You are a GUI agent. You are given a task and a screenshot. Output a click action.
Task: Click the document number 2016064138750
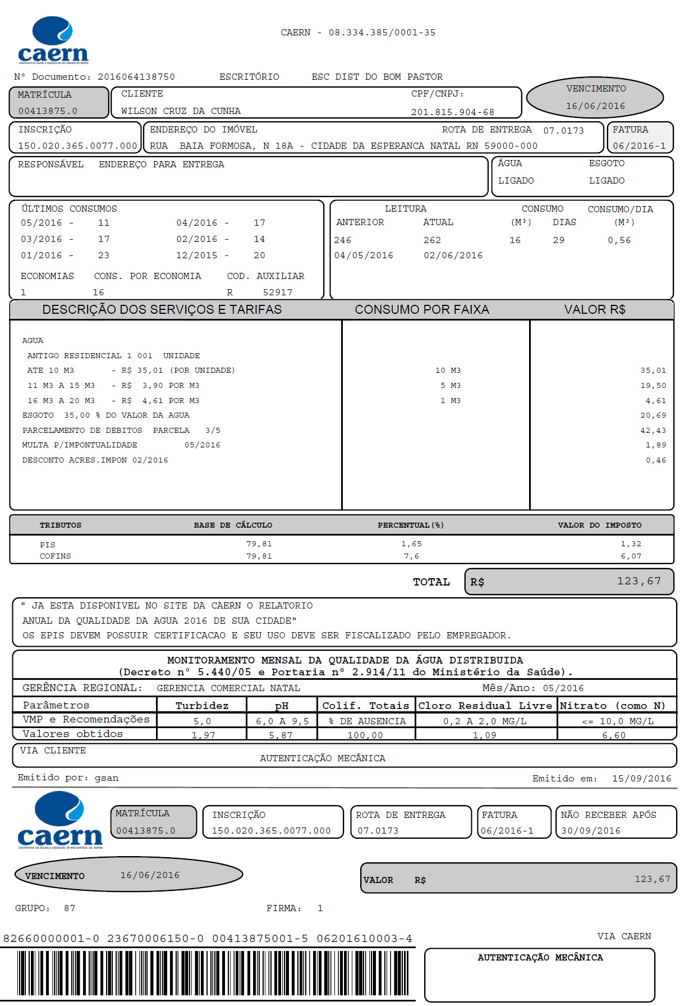point(136,77)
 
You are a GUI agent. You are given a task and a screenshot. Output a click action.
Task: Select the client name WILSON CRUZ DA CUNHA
point(181,111)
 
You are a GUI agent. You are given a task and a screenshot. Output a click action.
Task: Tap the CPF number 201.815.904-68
point(452,112)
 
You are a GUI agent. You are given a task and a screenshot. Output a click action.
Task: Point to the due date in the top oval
point(595,106)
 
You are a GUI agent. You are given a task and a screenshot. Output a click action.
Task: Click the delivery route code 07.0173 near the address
point(563,131)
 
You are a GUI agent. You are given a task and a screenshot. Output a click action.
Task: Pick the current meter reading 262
point(432,240)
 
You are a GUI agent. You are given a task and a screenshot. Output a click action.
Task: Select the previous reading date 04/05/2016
point(364,255)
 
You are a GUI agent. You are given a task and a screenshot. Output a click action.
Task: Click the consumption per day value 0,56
point(619,240)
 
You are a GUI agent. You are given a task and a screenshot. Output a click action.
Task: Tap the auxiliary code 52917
point(278,292)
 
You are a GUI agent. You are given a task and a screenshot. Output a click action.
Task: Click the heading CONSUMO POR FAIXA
point(422,310)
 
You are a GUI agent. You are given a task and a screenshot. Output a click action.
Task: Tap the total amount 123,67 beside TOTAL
point(639,581)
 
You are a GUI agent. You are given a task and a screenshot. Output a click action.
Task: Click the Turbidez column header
point(202,706)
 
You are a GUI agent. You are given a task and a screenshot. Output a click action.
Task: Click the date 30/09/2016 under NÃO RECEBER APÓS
point(591,831)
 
